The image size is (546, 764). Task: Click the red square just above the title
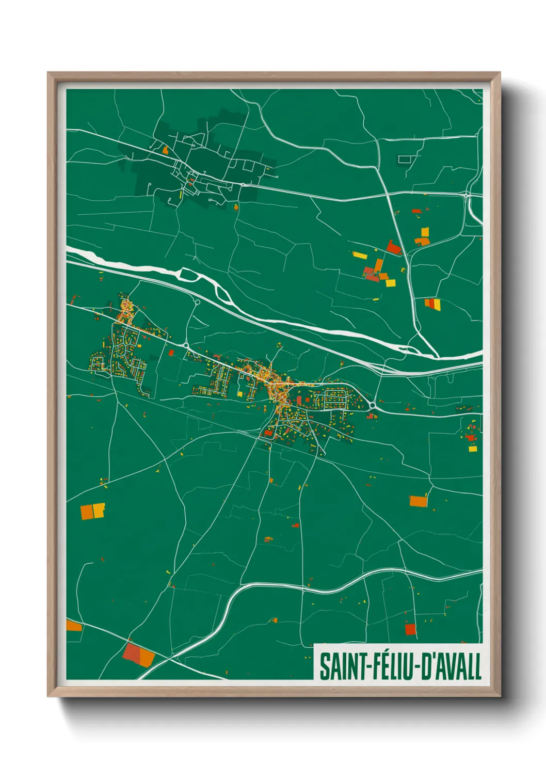pos(410,629)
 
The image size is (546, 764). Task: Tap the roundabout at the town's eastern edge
pos(372,406)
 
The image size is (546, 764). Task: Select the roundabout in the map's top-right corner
pos(467,195)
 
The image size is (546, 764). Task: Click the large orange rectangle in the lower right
pos(418,501)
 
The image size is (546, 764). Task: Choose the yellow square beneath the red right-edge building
pos(473,449)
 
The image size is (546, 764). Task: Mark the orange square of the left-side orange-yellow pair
pos(87,512)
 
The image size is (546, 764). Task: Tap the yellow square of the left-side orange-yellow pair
pos(99,510)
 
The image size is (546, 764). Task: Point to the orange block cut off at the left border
pos(73,626)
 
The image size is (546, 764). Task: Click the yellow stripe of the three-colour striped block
pos(437,305)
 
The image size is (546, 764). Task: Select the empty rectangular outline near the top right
pos(406,160)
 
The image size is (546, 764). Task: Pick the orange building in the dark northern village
pos(165,151)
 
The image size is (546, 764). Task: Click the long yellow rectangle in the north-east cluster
pos(359,255)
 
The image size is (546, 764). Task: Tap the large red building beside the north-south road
pos(394,248)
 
